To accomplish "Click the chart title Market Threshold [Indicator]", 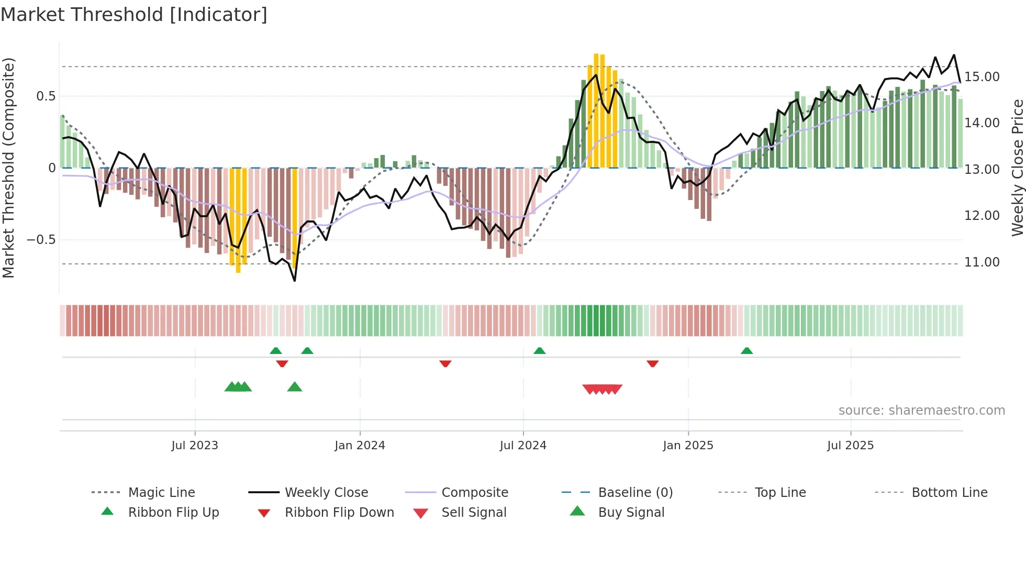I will [134, 15].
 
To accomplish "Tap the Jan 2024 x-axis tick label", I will [360, 446].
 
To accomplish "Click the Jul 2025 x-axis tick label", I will [850, 446].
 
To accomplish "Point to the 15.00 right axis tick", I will [982, 77].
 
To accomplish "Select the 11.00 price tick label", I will [982, 262].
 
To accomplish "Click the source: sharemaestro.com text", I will [921, 410].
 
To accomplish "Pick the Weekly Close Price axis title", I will [1017, 168].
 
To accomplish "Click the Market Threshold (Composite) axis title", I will [8, 168].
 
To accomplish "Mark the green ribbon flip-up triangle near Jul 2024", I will [539, 351].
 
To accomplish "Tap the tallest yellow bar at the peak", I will [596, 110].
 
